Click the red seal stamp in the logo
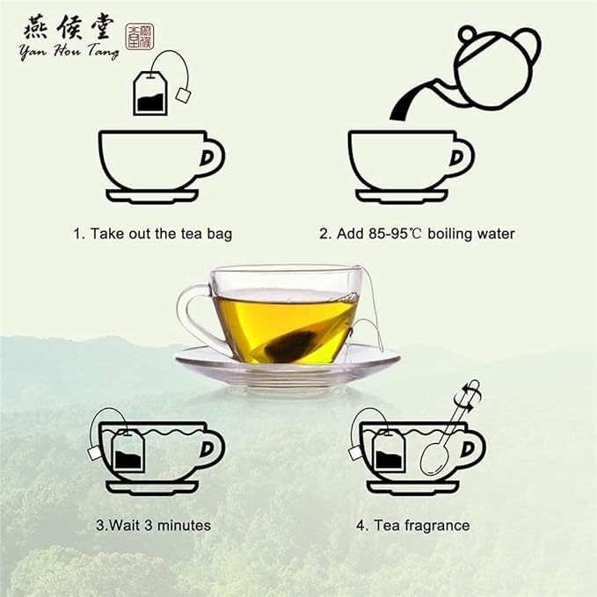coord(139,36)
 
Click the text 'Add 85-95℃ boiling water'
coord(417,234)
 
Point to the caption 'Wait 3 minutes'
coord(154,525)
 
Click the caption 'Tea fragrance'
coord(412,525)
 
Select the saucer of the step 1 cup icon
coord(153,196)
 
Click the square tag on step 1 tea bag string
coord(183,94)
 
